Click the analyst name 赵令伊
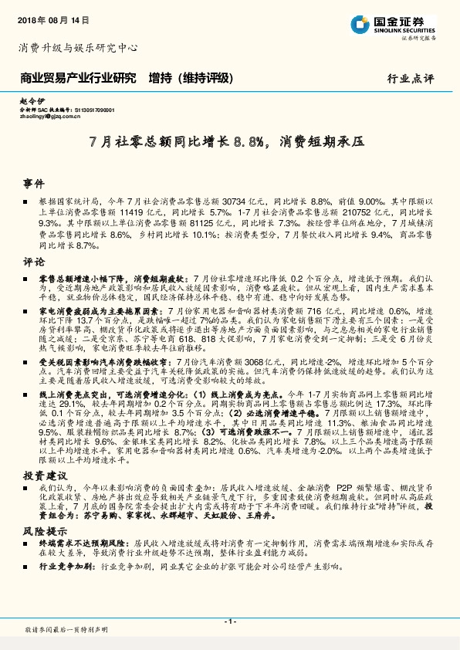(30, 102)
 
